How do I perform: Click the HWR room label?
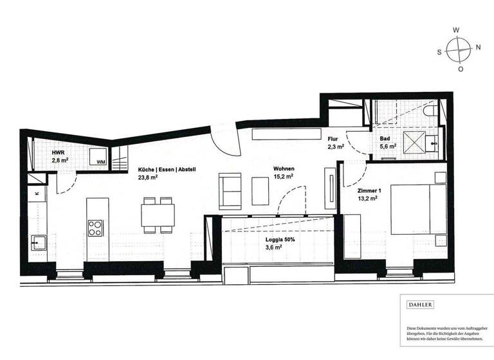(x=58, y=153)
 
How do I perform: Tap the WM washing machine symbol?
(x=100, y=161)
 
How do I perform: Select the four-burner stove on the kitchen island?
(x=96, y=228)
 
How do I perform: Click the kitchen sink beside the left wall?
(x=37, y=243)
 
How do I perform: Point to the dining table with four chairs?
(x=158, y=214)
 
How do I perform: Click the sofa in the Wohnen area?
(x=231, y=191)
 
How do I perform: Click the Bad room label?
(x=385, y=139)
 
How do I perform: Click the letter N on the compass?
(x=478, y=47)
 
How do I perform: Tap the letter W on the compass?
(x=456, y=30)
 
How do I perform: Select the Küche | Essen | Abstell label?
(x=167, y=170)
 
